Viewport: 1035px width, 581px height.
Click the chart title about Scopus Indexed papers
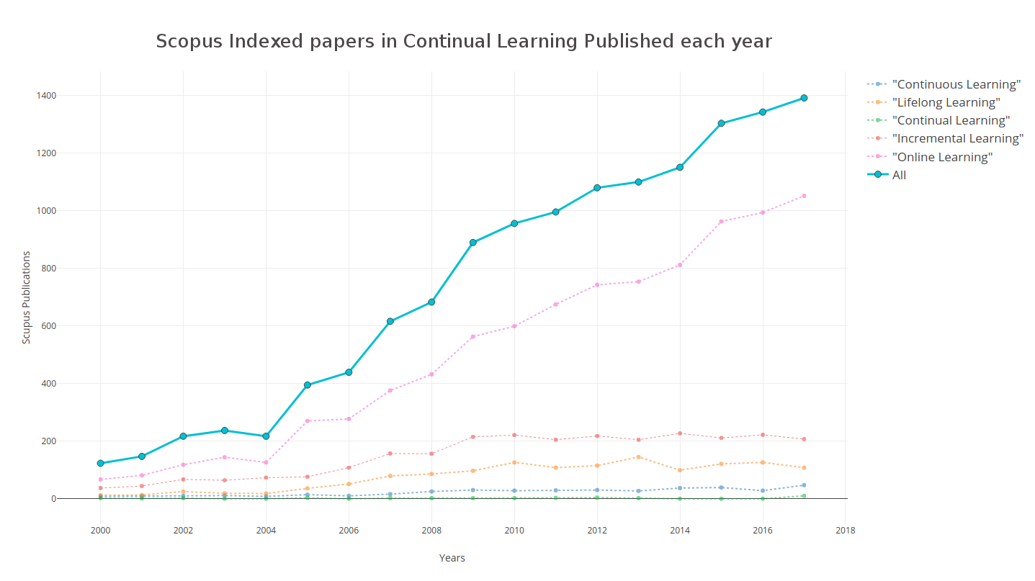coord(463,41)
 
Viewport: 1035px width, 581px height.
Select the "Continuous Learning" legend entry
coord(944,84)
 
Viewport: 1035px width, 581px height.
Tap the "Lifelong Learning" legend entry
coord(934,102)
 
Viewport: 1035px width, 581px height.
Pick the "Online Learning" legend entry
coord(930,157)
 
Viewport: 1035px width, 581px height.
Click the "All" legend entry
coord(887,175)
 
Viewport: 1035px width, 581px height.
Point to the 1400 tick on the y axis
coord(46,96)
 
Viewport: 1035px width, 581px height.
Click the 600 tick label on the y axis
coord(48,326)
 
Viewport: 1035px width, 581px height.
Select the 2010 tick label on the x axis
coord(514,531)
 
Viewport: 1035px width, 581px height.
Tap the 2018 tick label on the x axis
coord(846,531)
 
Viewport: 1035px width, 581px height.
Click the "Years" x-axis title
coord(452,558)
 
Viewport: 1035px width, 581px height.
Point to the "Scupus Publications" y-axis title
coord(27,297)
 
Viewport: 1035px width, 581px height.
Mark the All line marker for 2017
coord(804,98)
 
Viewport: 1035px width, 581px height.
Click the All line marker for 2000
coord(100,463)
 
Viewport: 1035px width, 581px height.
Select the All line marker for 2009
coord(472,243)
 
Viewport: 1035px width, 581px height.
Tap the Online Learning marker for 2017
coord(804,196)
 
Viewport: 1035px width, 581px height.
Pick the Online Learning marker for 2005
coord(308,420)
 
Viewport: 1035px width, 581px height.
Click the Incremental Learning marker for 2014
coord(680,433)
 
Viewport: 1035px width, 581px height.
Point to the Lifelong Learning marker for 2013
coord(639,456)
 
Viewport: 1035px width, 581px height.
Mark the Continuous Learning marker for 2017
coord(804,485)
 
